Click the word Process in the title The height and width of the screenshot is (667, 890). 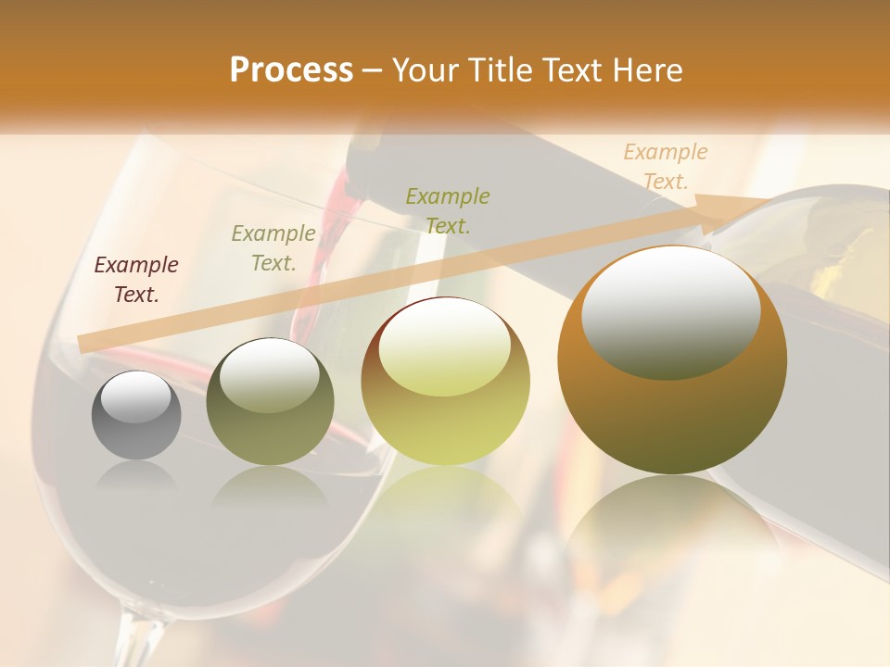[291, 70]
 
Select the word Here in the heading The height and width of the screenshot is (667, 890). [646, 70]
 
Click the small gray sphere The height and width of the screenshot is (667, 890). [136, 415]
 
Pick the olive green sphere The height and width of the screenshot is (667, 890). [270, 401]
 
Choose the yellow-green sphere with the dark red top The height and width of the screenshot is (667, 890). [445, 382]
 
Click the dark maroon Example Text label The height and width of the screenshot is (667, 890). [136, 280]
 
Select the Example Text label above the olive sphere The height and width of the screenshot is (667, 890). [273, 248]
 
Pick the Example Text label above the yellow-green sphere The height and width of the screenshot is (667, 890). [448, 210]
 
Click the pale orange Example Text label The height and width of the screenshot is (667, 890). [666, 167]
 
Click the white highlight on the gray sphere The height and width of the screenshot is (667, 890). [135, 396]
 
